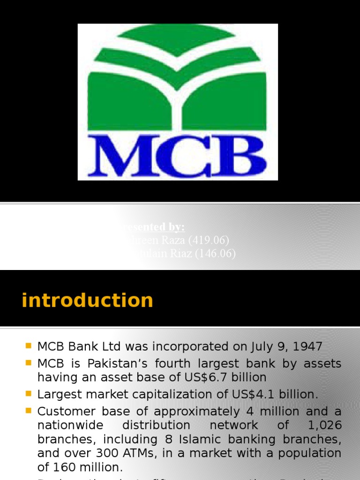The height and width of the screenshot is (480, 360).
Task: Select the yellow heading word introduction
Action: [x=87, y=300]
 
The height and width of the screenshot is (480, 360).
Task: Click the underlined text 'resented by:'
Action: [x=152, y=227]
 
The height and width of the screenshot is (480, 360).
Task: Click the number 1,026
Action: [x=324, y=425]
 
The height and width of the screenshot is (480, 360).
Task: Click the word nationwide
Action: [x=67, y=425]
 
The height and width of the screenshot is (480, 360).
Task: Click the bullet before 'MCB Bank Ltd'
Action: [x=28, y=346]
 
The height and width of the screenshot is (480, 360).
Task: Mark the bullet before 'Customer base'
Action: [x=28, y=411]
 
